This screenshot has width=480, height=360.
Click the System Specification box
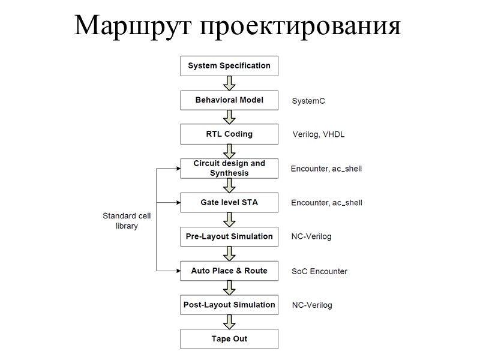229,66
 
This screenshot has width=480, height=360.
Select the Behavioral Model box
229,100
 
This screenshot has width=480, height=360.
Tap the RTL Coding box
229,134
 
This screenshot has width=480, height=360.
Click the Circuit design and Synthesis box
229,169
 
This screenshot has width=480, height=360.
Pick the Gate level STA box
229,203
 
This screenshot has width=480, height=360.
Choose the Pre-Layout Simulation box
229,236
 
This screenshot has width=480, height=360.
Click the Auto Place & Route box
229,271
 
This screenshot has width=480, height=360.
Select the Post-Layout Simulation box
229,305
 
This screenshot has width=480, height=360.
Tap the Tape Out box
229,339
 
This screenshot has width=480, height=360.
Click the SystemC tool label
308,101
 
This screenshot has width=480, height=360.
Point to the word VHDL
334,135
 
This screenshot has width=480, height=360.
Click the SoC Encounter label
319,271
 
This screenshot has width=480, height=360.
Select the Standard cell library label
127,221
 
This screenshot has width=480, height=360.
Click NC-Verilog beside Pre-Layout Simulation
311,237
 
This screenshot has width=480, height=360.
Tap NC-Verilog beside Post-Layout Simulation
311,305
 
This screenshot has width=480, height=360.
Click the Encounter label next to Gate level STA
310,203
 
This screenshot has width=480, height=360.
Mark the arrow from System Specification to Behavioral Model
229,83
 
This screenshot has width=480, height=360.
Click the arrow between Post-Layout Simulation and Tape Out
229,322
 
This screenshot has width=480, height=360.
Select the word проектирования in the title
299,26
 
